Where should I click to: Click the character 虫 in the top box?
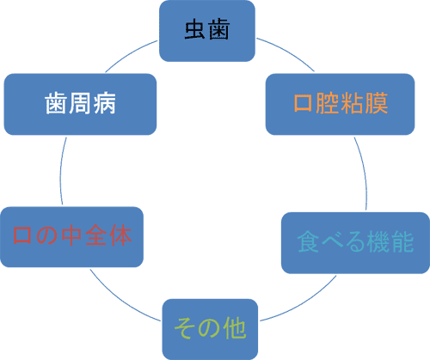195,29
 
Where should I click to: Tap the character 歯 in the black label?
219,29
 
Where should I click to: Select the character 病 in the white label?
105,103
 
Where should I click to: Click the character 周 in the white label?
80,103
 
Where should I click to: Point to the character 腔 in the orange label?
328,103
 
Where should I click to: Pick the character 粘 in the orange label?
352,103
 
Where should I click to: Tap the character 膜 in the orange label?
376,103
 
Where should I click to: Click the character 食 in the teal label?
309,241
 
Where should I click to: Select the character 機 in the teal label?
379,241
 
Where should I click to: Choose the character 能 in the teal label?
402,241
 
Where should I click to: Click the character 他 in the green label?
235,328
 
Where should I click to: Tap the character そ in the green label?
187,328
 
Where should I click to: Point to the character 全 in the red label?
96,235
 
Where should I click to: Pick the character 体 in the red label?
120,235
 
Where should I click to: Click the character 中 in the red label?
72,235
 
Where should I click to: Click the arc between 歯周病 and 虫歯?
130,54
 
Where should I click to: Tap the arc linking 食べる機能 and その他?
302,303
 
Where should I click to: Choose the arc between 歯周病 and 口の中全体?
61,171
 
